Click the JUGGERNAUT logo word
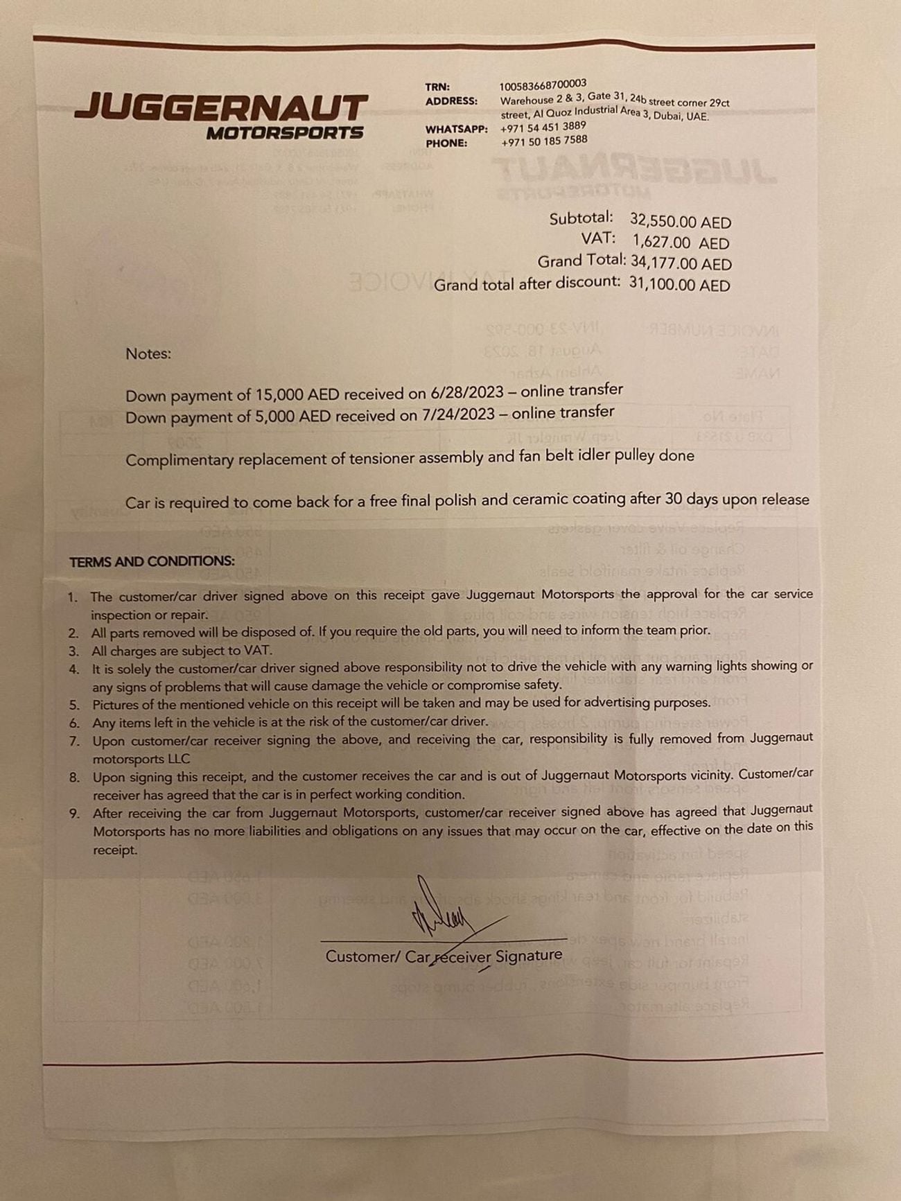(x=220, y=107)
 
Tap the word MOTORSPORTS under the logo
(x=284, y=133)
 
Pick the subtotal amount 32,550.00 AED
(x=680, y=222)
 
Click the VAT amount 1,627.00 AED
(x=681, y=243)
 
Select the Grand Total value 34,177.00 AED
(x=681, y=263)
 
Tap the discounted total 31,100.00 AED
(x=679, y=285)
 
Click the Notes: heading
(x=148, y=353)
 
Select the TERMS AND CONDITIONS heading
(x=152, y=561)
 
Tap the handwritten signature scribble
(x=444, y=911)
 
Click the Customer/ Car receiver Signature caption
(x=444, y=956)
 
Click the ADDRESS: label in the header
(x=451, y=101)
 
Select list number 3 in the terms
(x=74, y=651)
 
